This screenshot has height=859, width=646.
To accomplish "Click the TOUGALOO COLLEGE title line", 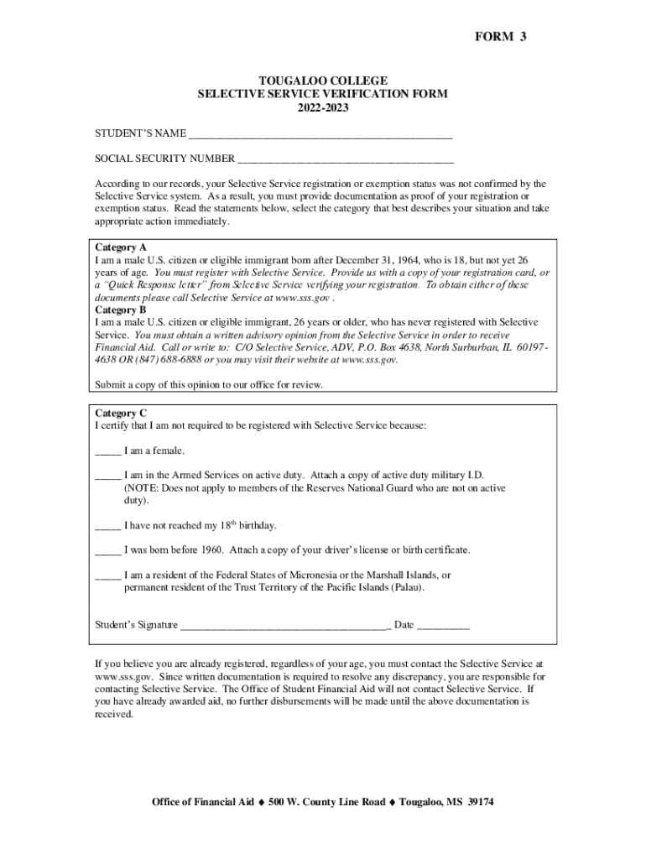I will pos(322,81).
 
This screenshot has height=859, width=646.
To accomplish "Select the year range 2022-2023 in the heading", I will pos(322,109).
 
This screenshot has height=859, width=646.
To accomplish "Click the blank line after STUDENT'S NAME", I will pos(320,134).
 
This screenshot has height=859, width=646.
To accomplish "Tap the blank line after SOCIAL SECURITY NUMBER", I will pos(346,159).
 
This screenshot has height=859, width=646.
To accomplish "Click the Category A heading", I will pos(121,247).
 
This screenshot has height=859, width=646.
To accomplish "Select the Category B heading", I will pos(121,310).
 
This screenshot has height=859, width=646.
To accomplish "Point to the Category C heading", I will pos(121,413).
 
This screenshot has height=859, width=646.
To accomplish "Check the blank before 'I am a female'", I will pos(108,451).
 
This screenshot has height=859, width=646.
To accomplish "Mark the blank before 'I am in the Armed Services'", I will pos(108,476).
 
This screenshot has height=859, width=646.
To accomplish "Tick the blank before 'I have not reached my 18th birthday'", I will pos(108,526).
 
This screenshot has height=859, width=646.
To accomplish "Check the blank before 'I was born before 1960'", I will pos(108,550).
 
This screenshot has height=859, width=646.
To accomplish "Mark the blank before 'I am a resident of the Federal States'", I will pos(108,575).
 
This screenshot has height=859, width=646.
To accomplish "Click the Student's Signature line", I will pos(284,626).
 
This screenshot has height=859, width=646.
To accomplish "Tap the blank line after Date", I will pos(443,626).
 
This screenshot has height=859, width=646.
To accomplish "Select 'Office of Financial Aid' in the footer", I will pos(202,802).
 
